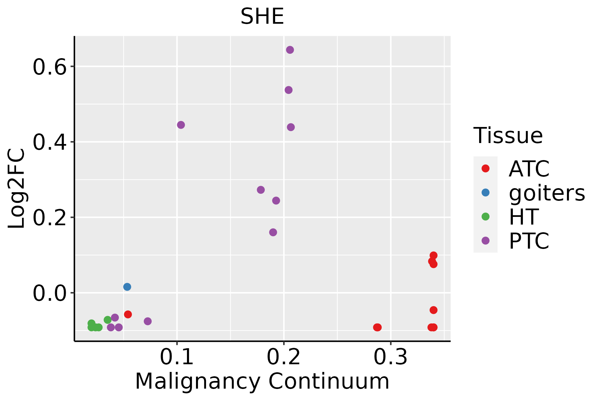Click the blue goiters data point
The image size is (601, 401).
[127, 287]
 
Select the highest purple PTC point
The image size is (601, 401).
[290, 50]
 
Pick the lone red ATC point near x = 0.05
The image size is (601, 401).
[128, 314]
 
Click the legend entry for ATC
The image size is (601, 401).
[529, 169]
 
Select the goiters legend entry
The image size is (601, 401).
[547, 193]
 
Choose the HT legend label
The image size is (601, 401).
[523, 217]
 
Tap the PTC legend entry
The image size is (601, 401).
[529, 241]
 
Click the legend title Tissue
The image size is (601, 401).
[508, 136]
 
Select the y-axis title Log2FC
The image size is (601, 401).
[17, 189]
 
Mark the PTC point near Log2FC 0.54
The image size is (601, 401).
[288, 90]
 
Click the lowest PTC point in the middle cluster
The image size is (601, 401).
[273, 232]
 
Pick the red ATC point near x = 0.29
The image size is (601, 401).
[377, 327]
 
